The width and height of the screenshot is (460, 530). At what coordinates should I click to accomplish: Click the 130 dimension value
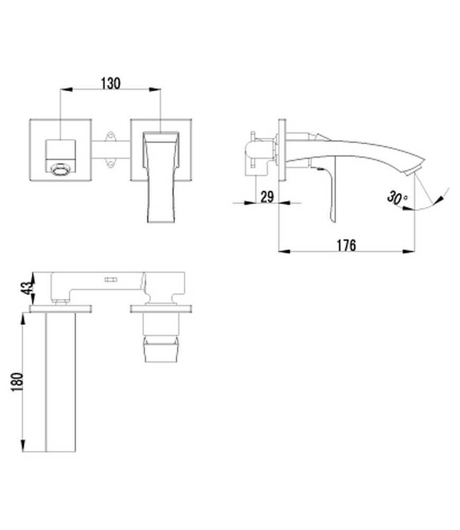pyautogui.click(x=111, y=83)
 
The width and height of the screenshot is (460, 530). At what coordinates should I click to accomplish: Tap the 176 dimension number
pyautogui.click(x=347, y=245)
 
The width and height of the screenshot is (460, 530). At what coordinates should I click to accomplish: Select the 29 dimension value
pyautogui.click(x=267, y=197)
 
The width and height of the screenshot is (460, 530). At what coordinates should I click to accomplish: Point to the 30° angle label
pyautogui.click(x=397, y=197)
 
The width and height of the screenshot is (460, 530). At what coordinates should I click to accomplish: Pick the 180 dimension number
pyautogui.click(x=17, y=382)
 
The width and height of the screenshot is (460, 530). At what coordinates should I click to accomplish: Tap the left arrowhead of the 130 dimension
pyautogui.click(x=66, y=90)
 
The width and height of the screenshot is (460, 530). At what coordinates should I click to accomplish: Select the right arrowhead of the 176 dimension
pyautogui.click(x=409, y=251)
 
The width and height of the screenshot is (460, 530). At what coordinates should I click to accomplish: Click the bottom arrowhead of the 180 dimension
pyautogui.click(x=23, y=445)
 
